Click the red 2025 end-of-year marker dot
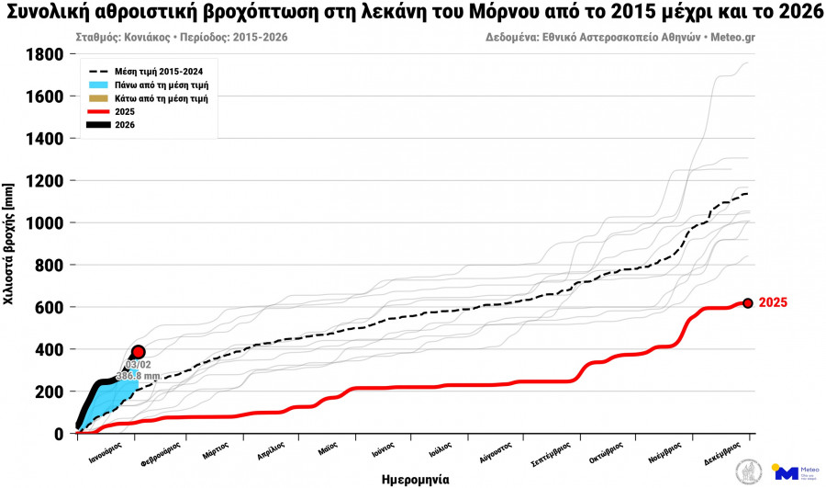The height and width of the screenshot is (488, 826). point(748,303)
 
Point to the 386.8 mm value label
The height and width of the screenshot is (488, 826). point(138,377)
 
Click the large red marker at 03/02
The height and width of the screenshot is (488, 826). point(139,352)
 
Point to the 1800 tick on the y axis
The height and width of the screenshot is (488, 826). point(45,55)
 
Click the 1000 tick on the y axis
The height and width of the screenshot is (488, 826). point(45,223)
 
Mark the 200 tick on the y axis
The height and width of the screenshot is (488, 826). point(50,392)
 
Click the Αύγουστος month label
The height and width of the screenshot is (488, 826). point(496,451)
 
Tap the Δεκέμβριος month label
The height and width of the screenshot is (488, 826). point(729,451)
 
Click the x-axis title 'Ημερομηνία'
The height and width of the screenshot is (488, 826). point(415,479)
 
